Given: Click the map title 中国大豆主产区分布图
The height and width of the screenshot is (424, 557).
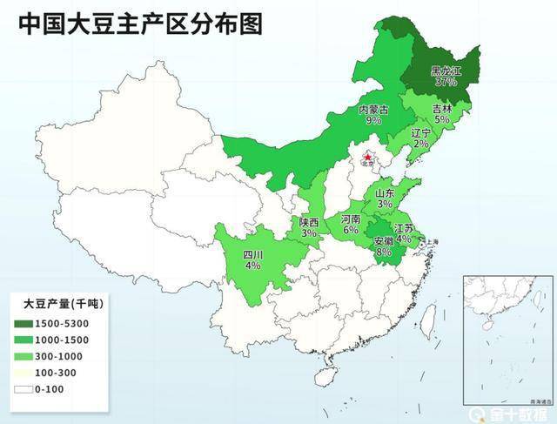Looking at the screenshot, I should (140, 24).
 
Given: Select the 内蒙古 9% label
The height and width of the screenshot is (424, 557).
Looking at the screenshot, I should (373, 116).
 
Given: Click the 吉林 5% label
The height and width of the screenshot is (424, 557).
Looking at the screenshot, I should (442, 114).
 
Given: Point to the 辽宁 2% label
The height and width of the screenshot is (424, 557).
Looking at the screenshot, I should (421, 138).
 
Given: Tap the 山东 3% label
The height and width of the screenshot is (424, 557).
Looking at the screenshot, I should (385, 199).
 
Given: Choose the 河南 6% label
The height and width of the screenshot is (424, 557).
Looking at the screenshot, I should (350, 224).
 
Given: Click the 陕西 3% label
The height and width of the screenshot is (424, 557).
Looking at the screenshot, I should (309, 228).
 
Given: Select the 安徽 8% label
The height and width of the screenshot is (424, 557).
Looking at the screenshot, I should (383, 246).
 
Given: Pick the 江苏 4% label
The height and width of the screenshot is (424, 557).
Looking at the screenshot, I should (403, 232).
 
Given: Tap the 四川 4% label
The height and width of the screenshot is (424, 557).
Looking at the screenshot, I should (252, 259).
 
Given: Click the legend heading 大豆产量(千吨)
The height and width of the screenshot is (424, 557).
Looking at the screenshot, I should (62, 304).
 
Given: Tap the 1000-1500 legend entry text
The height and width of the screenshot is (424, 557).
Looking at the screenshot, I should (62, 340).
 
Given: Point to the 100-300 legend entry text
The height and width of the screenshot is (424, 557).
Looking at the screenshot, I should (57, 373).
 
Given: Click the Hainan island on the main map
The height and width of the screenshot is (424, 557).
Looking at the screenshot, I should (325, 375).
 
